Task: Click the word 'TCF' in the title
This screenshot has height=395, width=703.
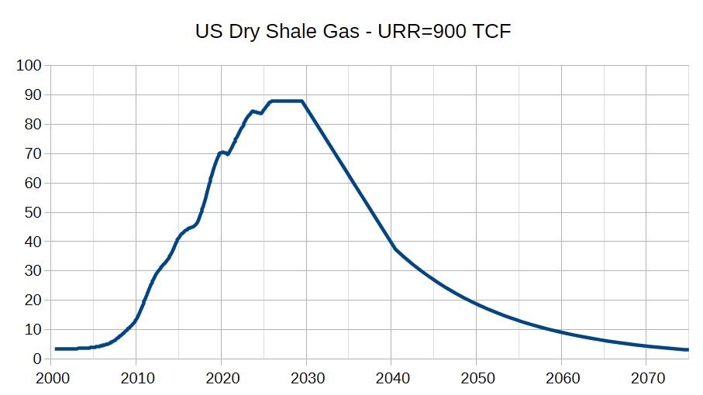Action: click(492, 32)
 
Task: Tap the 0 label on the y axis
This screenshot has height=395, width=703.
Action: click(36, 359)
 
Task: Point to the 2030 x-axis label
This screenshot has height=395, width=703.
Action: click(306, 379)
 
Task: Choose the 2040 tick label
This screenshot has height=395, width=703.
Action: click(391, 379)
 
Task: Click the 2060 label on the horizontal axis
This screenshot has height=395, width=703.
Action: click(562, 379)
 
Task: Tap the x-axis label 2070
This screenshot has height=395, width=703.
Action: click(647, 379)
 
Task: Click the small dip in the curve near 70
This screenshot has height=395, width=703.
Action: click(226, 153)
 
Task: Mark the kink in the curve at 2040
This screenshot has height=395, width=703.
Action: click(395, 249)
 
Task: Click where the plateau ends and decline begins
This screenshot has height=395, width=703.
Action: click(302, 101)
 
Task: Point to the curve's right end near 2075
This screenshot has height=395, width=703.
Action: click(687, 350)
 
